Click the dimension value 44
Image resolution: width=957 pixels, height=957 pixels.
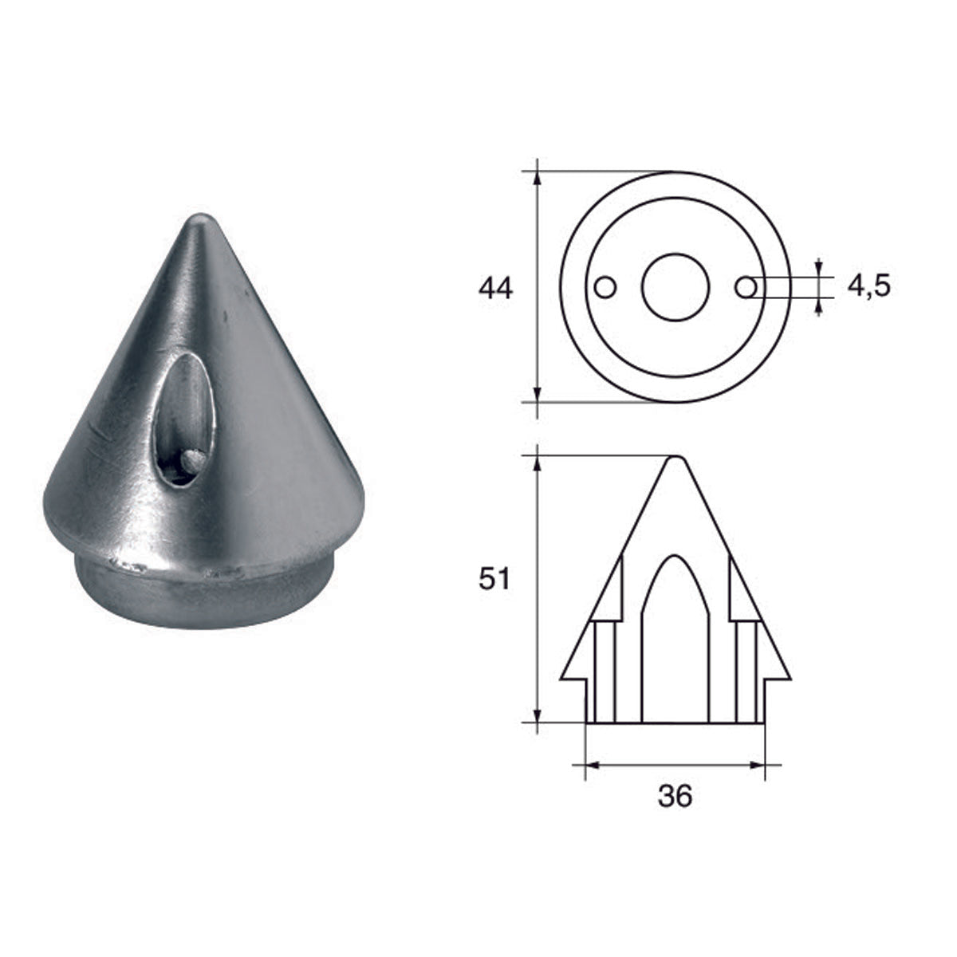pos(495,288)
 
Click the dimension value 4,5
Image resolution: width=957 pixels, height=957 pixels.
pos(868,286)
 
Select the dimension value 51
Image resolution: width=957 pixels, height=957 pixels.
pos(494,580)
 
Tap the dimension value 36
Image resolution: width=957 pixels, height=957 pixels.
pos(675,796)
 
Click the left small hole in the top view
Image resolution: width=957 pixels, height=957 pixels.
pos(606,286)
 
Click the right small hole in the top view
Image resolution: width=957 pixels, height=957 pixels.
pos(745,286)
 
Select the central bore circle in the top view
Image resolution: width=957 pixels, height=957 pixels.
pos(675,287)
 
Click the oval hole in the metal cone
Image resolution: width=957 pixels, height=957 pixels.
pos(184,419)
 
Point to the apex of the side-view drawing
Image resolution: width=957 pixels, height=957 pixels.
pos(675,459)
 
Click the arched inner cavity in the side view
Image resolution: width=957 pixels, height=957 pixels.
pos(675,638)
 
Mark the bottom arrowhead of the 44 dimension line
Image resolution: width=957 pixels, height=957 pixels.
pos(538,396)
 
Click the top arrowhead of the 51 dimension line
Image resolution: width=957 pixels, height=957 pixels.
pos(538,462)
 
